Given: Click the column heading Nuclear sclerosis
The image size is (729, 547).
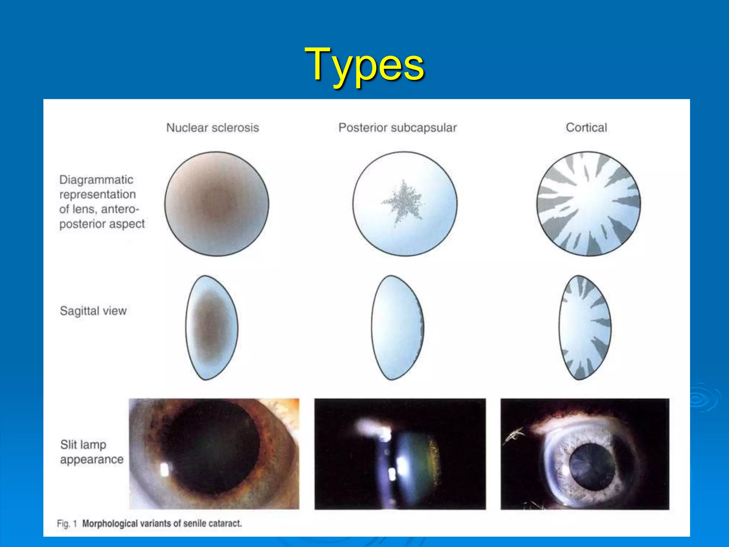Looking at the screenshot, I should click(213, 127).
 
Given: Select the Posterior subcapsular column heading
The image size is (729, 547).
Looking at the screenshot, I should click(397, 127).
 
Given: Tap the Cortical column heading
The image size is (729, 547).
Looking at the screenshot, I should click(586, 127).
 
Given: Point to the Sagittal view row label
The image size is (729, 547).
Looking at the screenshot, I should click(93, 311).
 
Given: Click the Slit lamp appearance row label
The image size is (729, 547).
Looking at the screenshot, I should click(91, 452).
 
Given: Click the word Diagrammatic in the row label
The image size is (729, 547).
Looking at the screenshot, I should click(96, 179).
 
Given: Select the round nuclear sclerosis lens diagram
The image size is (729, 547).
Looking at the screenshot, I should click(216, 204).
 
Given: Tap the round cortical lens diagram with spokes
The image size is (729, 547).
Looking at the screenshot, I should click(588, 204).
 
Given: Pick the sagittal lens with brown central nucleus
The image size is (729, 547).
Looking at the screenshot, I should click(211, 327).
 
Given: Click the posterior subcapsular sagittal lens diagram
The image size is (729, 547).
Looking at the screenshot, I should click(397, 327).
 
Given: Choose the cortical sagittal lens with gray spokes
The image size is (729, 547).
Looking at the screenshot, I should click(584, 327).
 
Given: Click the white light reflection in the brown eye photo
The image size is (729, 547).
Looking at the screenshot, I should click(164, 470).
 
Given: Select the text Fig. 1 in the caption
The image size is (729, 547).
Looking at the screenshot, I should click(67, 523).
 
